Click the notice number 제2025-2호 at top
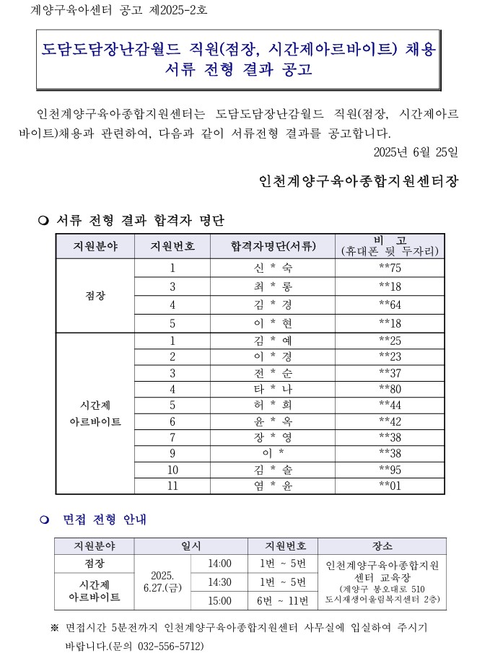177,11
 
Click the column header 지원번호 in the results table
172,246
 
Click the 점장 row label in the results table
95,296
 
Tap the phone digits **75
390,268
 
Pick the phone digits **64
390,304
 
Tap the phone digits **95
390,470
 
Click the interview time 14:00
219,564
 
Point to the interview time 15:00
219,600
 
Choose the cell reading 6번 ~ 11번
282,600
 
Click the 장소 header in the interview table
382,546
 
